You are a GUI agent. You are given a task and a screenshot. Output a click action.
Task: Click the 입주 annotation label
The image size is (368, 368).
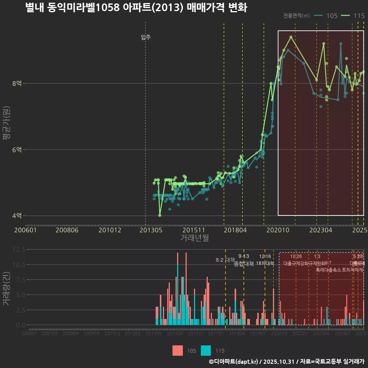coord(146,37)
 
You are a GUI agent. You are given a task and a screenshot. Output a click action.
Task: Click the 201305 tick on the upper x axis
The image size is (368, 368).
coord(150,230)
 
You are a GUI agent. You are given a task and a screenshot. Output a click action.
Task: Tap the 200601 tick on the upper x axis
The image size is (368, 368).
coord(25,230)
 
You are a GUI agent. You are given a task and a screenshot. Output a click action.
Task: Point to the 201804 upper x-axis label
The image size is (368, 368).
coord(235,230)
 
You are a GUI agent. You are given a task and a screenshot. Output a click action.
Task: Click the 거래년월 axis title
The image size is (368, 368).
coord(194,238)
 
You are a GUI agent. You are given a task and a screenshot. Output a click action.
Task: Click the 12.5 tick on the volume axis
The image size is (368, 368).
coord(19,250)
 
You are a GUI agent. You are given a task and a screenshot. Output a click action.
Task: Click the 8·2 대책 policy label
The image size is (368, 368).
coord(225,260)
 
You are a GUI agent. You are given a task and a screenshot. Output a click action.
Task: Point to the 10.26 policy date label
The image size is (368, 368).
coord(296,256)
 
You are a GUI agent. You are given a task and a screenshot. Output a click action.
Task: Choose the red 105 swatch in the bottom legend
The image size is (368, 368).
coord(177,350)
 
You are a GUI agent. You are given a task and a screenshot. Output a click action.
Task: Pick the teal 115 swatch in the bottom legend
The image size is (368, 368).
coord(206,350)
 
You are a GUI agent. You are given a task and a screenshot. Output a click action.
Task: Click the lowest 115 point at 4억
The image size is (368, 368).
coord(160,215)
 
